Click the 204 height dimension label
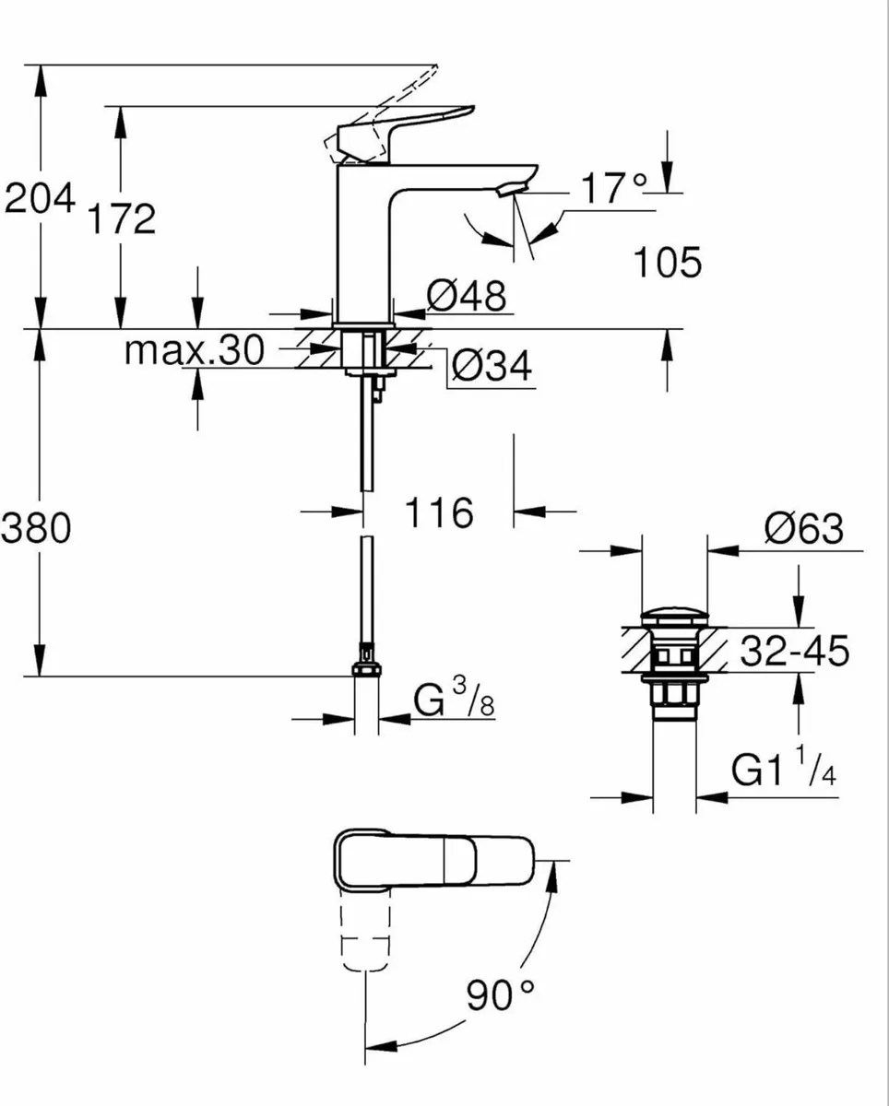pos(39,199)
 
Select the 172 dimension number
pos(122,220)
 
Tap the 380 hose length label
pos(37,529)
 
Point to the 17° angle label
pos(613,188)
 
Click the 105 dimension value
pos(668,264)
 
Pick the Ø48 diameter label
pos(467,297)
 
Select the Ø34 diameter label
pos(492,368)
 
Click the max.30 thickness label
pos(195,350)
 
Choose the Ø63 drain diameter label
pos(803,529)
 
